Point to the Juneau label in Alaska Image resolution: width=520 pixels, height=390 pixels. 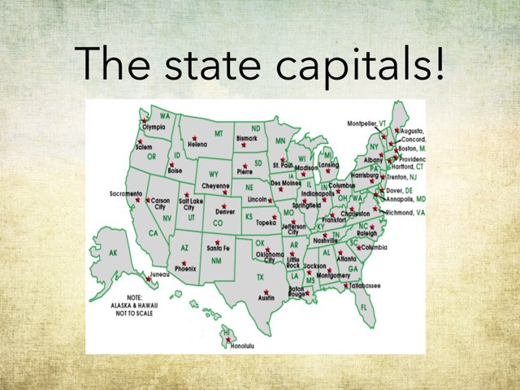[x=160, y=275]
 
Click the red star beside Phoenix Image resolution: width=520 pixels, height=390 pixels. [x=184, y=263]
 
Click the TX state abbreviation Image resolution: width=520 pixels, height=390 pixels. [x=261, y=277]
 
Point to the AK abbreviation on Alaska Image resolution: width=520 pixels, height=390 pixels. [x=113, y=253]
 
